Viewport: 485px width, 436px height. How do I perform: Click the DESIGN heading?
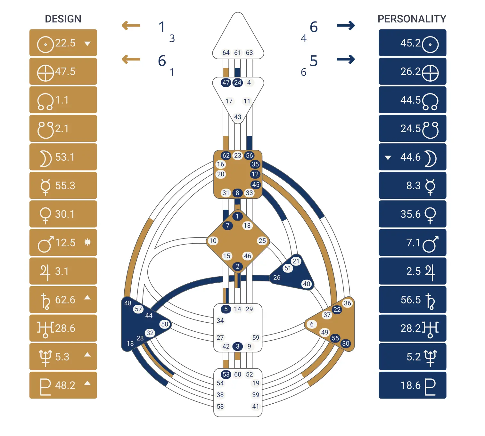coord(63,19)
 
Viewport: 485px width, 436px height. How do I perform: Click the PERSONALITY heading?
coord(412,19)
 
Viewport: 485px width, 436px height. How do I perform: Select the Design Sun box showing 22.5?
coord(63,43)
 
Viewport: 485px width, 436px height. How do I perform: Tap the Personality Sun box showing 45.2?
coord(412,43)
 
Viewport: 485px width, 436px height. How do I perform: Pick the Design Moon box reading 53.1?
coord(63,157)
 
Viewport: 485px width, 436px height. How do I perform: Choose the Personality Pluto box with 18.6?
coord(412,385)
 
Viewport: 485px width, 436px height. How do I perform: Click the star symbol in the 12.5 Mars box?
coord(87,242)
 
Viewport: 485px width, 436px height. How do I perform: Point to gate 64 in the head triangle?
coord(226,52)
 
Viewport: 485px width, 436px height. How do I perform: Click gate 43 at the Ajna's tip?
coord(237,117)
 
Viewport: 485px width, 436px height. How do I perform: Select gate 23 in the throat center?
coord(237,156)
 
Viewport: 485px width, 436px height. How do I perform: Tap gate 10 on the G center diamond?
coord(213,241)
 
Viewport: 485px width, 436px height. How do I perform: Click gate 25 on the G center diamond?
coord(262,241)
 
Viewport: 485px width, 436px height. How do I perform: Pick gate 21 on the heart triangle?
coord(296,261)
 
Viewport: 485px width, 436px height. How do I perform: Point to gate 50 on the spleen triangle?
coord(165,324)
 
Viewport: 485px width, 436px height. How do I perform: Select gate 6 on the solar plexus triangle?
coord(312,324)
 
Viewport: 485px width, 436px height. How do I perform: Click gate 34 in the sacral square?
coord(220,320)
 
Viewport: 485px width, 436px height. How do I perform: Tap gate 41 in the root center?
coord(255,407)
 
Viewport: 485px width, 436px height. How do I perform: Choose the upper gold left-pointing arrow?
coord(131,26)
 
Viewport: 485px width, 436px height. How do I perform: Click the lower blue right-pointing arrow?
coord(346,59)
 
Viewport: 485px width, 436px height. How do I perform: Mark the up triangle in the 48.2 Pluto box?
coord(87,383)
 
